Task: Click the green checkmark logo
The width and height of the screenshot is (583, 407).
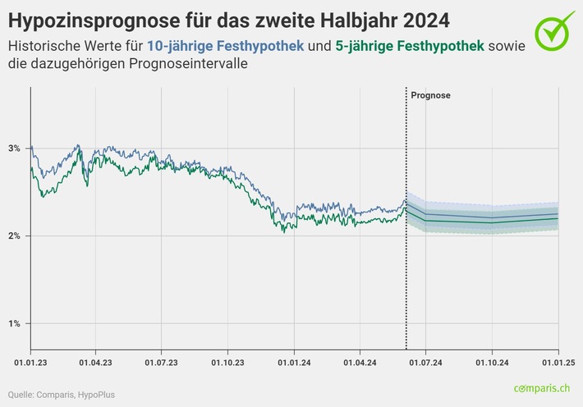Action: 556,30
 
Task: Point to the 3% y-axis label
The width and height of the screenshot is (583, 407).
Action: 14,149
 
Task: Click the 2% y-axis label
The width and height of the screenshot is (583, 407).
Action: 14,236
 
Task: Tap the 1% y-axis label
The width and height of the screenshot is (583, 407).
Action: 14,323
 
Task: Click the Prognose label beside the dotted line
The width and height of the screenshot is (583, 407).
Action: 430,96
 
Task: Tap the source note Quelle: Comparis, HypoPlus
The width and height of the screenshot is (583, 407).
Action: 62,395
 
